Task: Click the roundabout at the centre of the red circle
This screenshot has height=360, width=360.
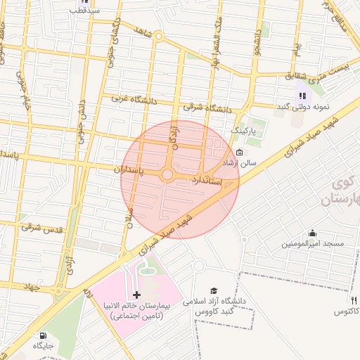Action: click(x=168, y=174)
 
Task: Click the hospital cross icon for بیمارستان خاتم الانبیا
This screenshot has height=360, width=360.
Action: click(x=136, y=295)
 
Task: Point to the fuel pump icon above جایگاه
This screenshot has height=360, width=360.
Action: click(x=44, y=335)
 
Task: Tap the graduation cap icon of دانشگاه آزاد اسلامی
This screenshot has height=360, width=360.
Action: click(x=214, y=290)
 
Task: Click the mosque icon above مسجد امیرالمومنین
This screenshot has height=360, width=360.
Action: click(x=312, y=233)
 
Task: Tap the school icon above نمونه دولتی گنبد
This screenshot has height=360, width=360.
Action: click(x=302, y=96)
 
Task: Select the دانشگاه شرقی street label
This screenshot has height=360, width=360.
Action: click(x=207, y=108)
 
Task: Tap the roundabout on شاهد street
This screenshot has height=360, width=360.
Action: click(x=159, y=35)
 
